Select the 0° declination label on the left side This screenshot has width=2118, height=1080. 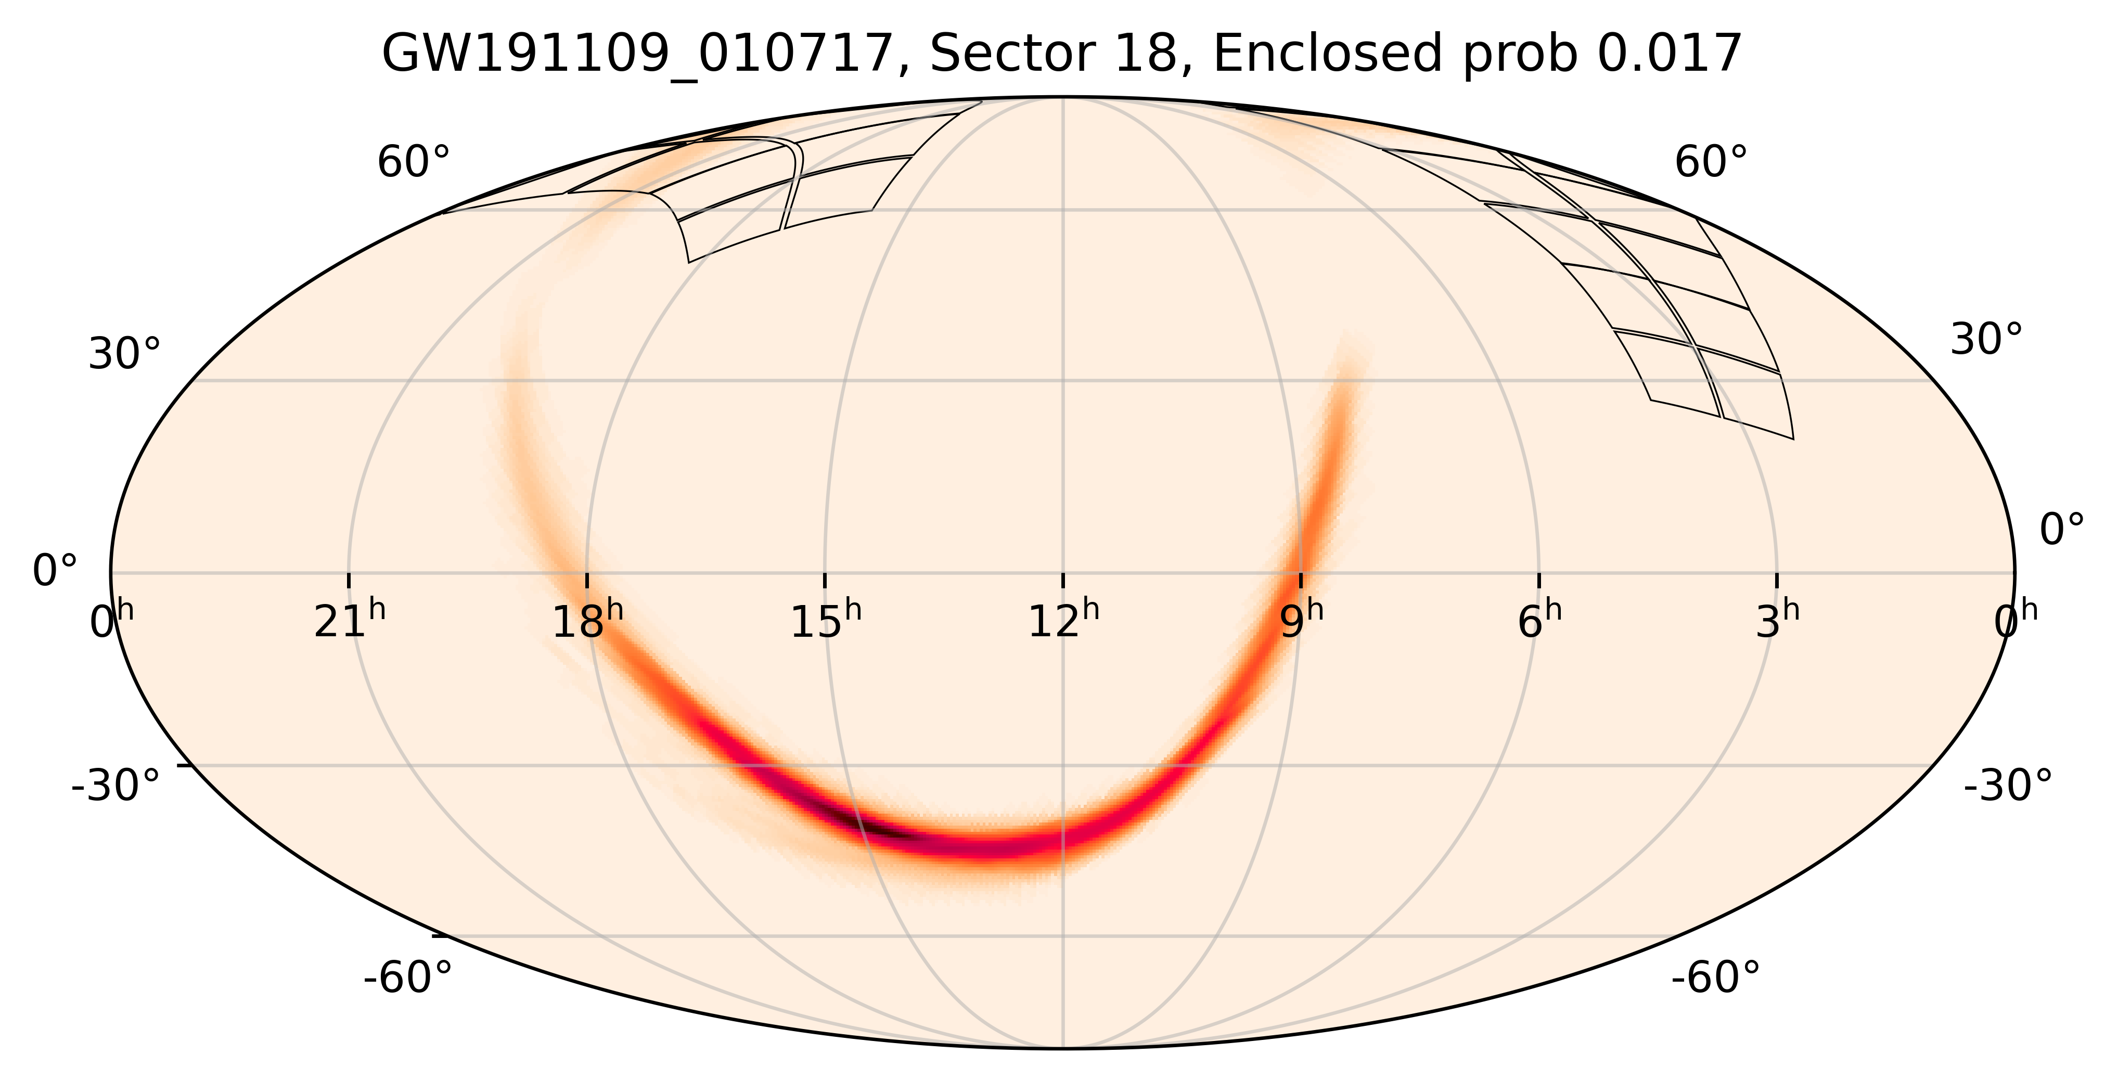pyautogui.click(x=54, y=570)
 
